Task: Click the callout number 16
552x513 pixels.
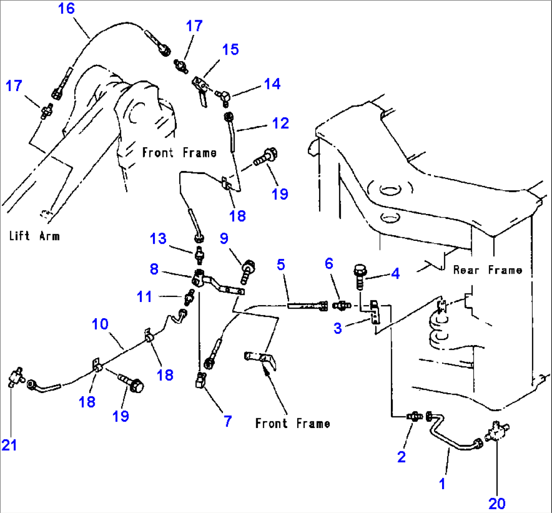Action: click(x=66, y=9)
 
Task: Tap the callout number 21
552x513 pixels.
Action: click(x=9, y=445)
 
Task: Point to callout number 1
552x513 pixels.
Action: click(x=442, y=484)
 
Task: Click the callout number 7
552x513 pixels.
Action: click(x=227, y=420)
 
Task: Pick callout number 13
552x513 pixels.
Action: click(x=159, y=238)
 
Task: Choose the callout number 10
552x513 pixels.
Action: click(x=100, y=323)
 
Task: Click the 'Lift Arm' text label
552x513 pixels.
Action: click(x=34, y=236)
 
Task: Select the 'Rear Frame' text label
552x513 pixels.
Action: click(x=487, y=270)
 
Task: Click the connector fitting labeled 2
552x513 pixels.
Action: click(x=414, y=416)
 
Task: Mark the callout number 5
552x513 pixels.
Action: click(x=281, y=264)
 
